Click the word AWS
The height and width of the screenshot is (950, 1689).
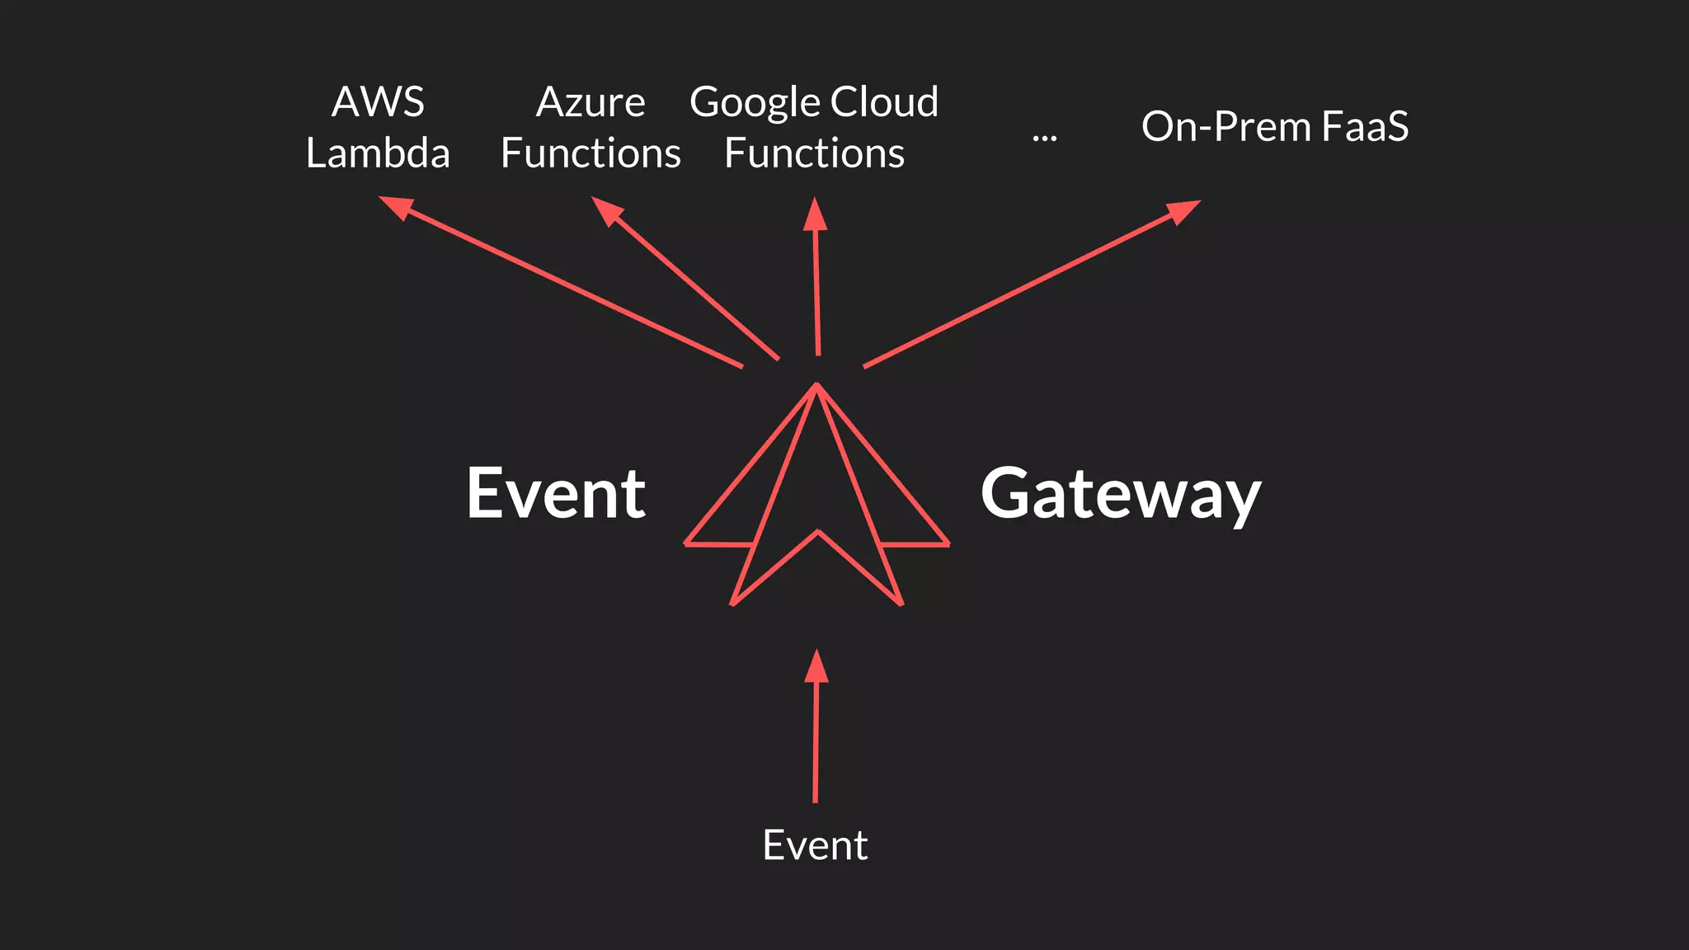click(x=378, y=102)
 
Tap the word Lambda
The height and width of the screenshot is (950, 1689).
click(x=378, y=153)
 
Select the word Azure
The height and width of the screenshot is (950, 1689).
click(x=590, y=102)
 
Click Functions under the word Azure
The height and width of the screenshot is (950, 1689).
click(x=590, y=153)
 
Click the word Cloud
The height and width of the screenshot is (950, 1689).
click(x=884, y=102)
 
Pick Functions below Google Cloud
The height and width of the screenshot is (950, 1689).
click(x=814, y=153)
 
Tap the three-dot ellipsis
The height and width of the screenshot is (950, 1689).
click(x=1044, y=137)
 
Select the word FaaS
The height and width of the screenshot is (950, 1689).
click(x=1365, y=127)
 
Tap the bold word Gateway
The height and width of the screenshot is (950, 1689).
click(x=1120, y=495)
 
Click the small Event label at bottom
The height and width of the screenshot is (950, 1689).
click(x=815, y=845)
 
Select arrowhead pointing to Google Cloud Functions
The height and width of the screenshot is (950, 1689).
click(x=815, y=214)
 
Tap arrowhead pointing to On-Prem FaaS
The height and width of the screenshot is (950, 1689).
click(x=1184, y=210)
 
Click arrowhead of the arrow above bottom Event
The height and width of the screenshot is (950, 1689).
click(x=816, y=666)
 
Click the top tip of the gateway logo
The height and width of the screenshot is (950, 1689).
click(x=816, y=384)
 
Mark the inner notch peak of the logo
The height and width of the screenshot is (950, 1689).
click(x=818, y=532)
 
